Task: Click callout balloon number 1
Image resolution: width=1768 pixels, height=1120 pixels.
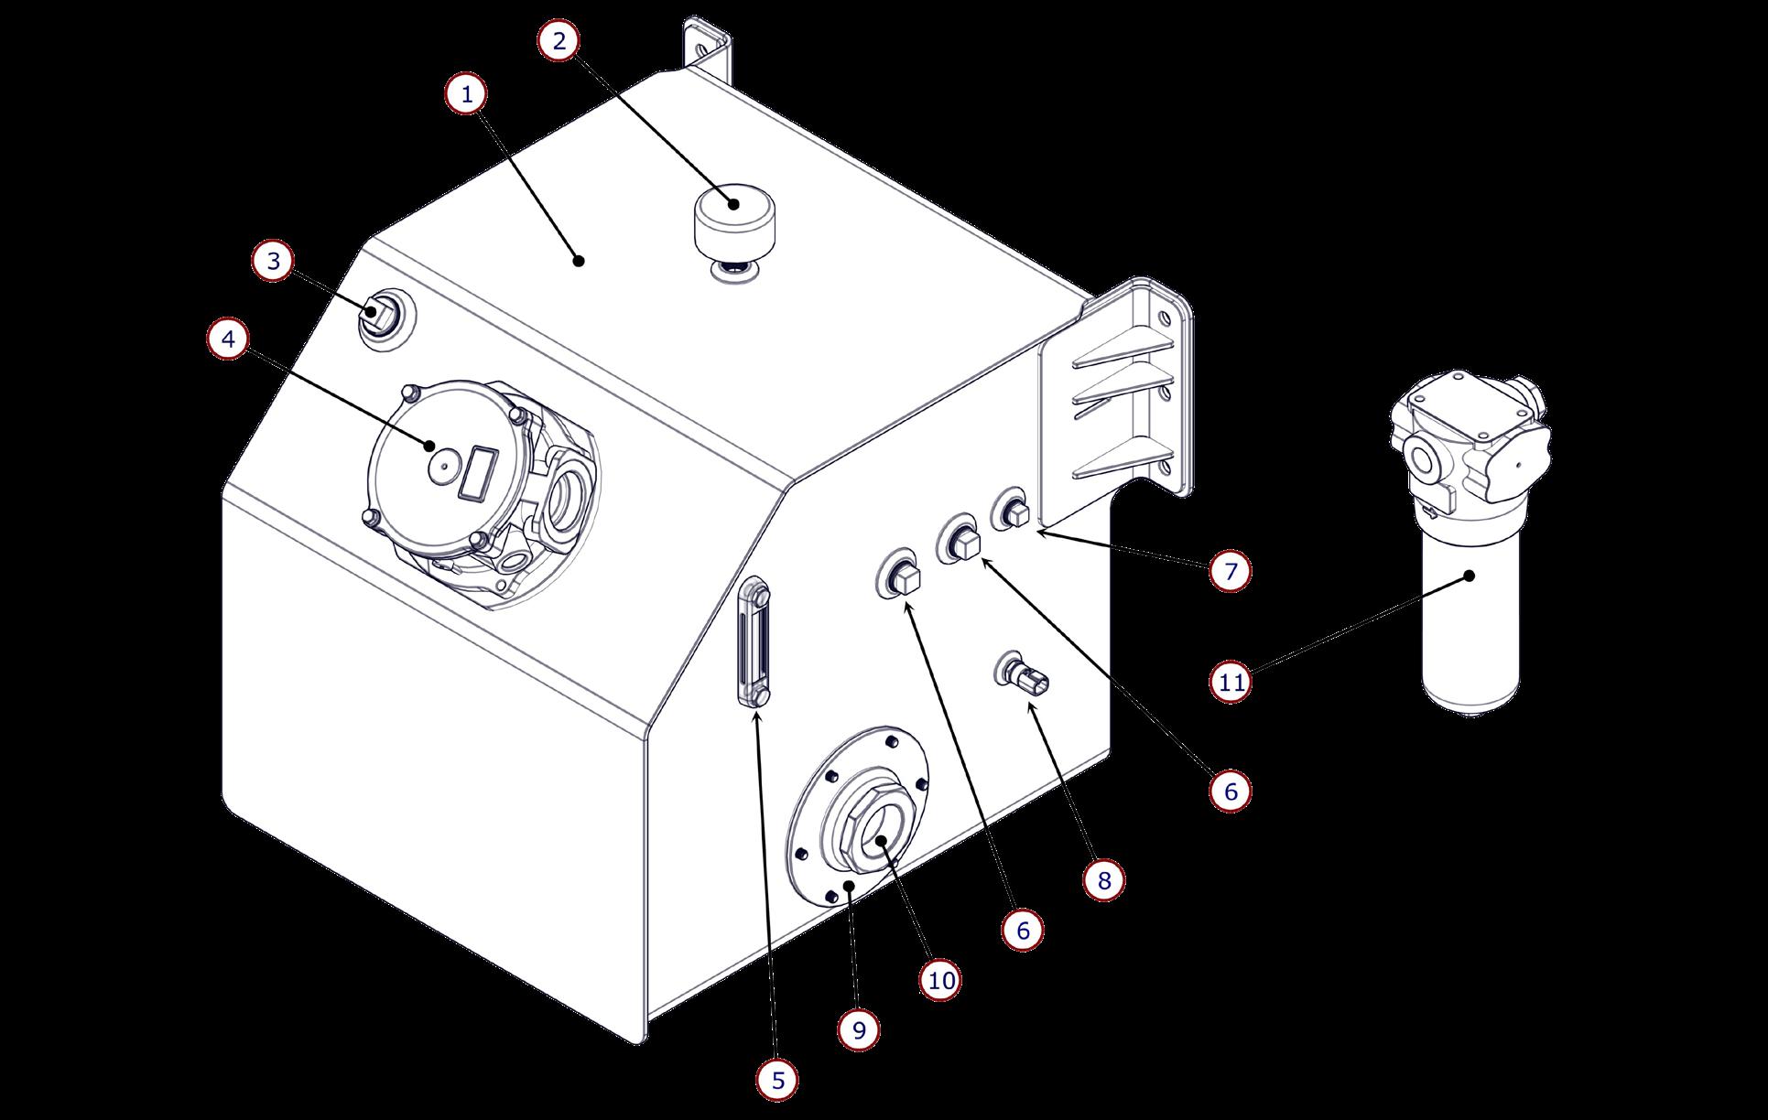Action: (x=468, y=94)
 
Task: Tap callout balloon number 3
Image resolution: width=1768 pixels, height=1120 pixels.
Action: (x=274, y=262)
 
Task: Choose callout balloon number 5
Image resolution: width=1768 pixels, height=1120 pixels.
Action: (x=777, y=1081)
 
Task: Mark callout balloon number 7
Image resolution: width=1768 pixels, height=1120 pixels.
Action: (x=1231, y=572)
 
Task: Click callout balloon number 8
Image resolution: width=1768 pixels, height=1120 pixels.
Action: (x=1103, y=880)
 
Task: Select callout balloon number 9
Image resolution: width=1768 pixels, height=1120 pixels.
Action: (x=859, y=1030)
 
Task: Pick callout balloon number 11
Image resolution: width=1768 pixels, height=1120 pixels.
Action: (x=1231, y=682)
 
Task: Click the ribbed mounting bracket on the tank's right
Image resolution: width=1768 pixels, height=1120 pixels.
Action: (x=1126, y=393)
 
